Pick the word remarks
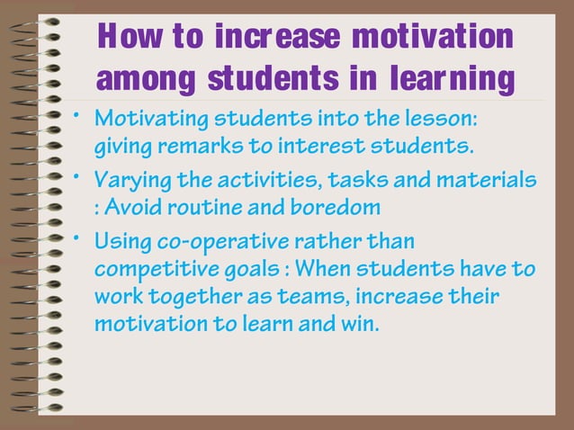coord(191,144)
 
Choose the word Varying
coord(129,184)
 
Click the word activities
coord(247,184)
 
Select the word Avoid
coord(139,208)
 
